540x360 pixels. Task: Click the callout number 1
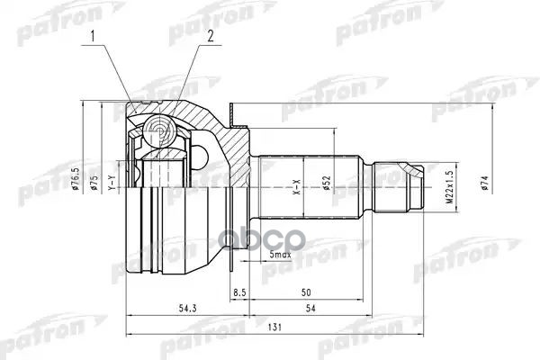93,36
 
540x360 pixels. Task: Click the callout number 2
209,36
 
